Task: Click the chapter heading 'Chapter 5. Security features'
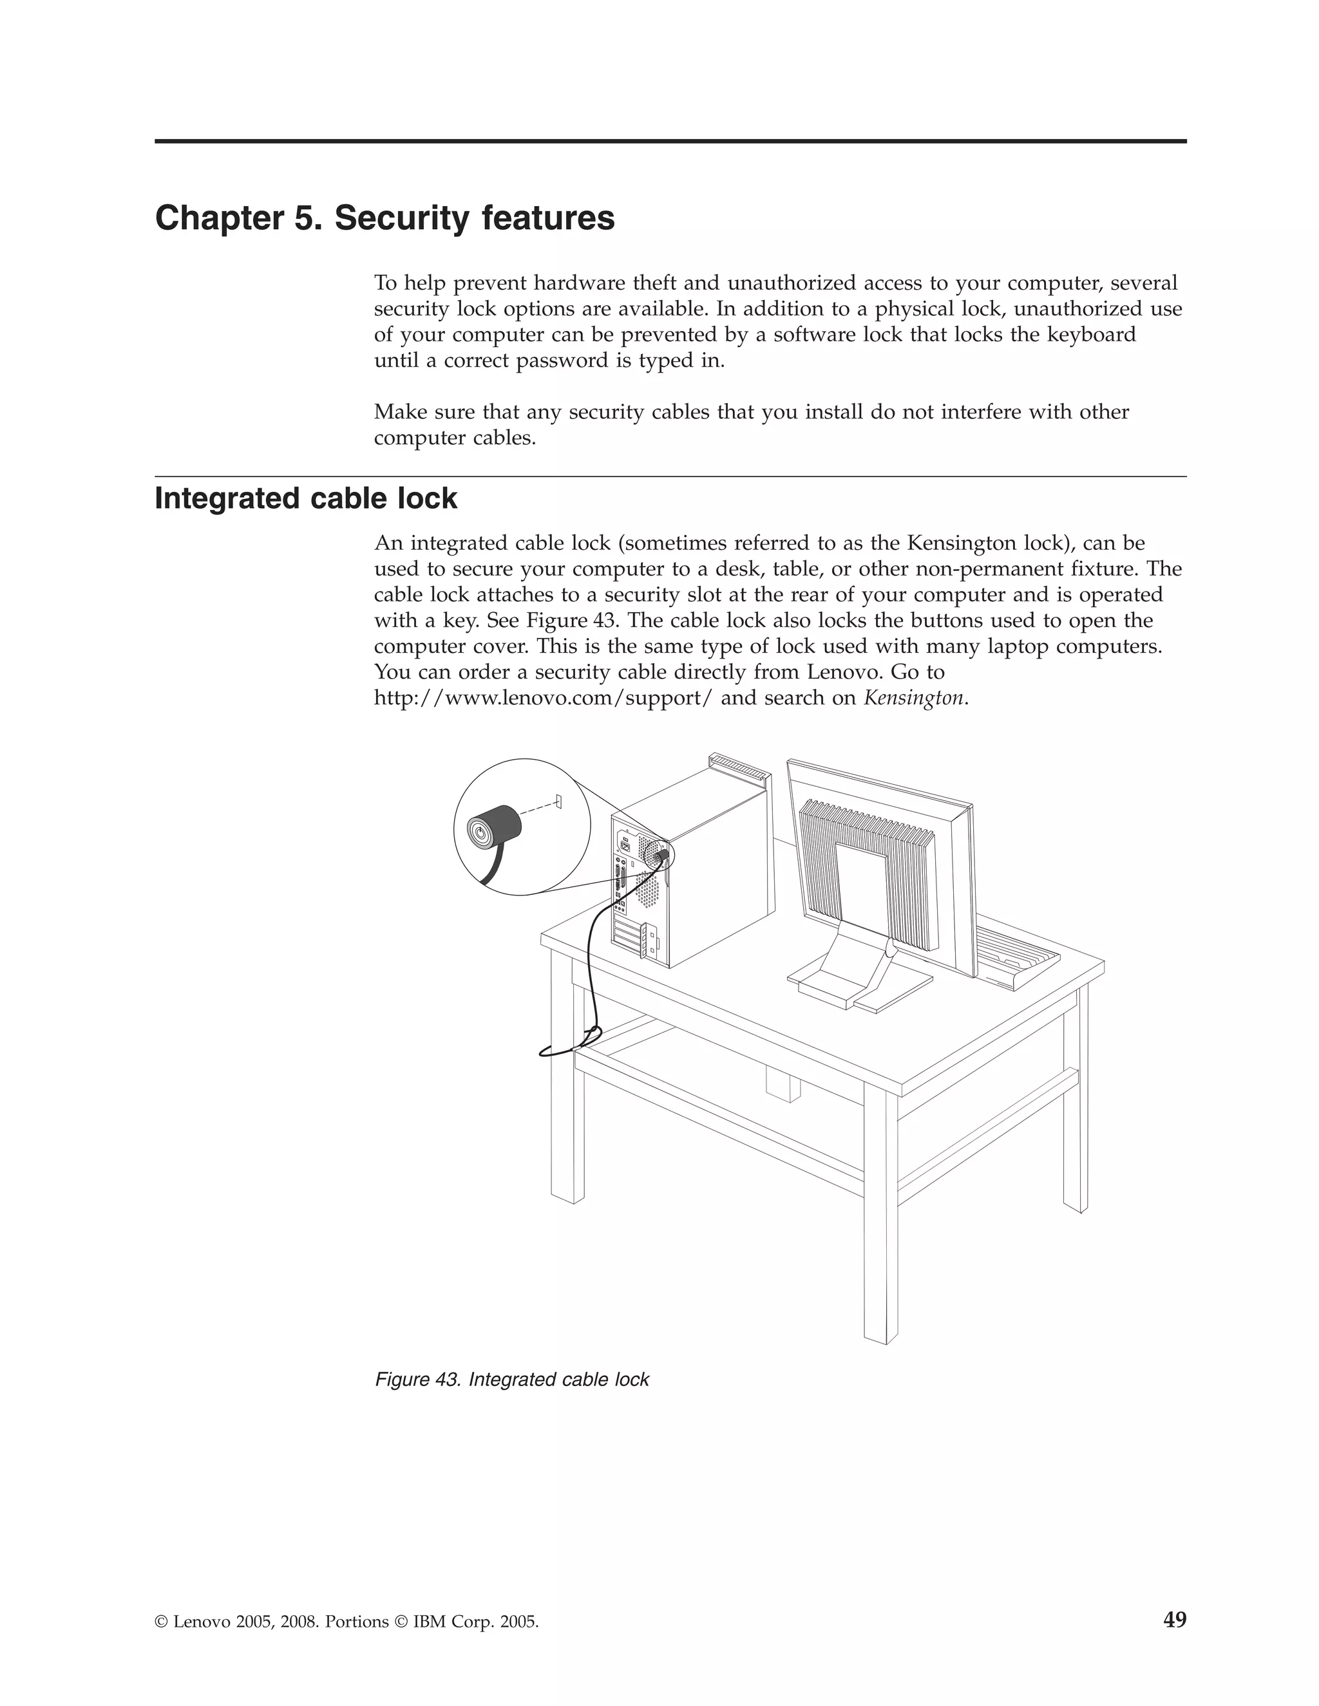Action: pos(384,218)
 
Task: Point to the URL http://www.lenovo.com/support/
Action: pos(543,698)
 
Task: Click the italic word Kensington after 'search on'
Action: pos(913,698)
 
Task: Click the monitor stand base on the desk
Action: pos(860,986)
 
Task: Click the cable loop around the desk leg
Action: pos(571,1043)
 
